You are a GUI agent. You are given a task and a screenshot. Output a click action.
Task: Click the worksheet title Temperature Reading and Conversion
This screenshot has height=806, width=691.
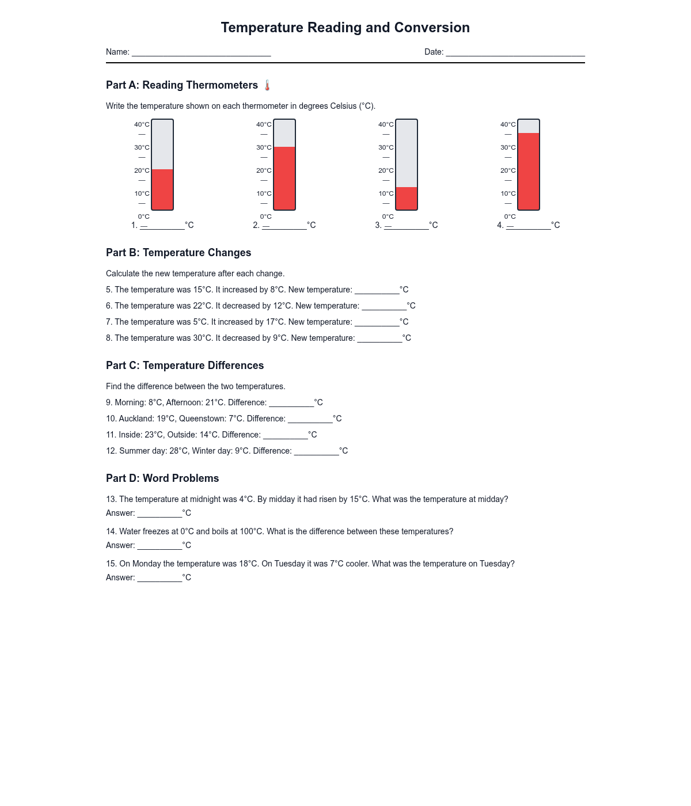click(345, 28)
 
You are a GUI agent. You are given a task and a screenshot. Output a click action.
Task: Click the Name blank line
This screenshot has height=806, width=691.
click(201, 53)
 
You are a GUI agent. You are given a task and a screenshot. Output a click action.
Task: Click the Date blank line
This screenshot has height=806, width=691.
click(515, 53)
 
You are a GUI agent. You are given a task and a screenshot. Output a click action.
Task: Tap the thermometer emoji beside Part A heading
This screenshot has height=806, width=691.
click(267, 86)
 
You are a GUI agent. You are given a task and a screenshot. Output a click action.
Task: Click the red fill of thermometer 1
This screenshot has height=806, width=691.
click(162, 189)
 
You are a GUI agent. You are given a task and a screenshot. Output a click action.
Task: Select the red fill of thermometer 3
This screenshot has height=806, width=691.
click(407, 198)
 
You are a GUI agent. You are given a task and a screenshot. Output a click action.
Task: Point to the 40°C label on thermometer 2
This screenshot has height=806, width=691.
click(264, 124)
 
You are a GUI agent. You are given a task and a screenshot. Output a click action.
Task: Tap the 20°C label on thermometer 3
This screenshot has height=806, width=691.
click(386, 170)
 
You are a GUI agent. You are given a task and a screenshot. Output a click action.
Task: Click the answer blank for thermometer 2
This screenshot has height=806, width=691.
click(284, 226)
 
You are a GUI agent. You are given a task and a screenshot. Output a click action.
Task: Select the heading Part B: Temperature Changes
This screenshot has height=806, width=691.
click(179, 253)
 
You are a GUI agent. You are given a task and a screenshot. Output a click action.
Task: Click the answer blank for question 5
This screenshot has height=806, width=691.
click(377, 291)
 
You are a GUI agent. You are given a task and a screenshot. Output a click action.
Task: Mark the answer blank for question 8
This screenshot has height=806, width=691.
click(379, 339)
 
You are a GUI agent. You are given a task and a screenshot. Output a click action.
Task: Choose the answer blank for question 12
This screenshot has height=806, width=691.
click(316, 452)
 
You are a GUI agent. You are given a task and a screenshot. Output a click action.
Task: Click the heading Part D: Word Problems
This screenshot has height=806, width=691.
click(162, 478)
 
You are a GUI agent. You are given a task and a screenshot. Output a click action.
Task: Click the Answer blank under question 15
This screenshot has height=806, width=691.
click(160, 579)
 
